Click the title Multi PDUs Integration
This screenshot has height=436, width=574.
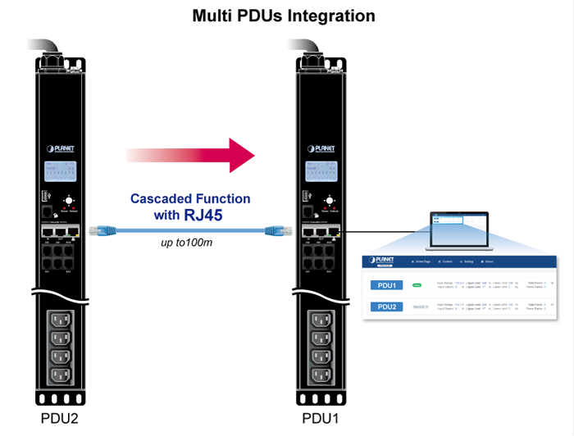pos(283,16)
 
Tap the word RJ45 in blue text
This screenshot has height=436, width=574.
pos(204,216)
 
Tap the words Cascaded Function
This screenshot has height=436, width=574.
pos(190,198)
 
